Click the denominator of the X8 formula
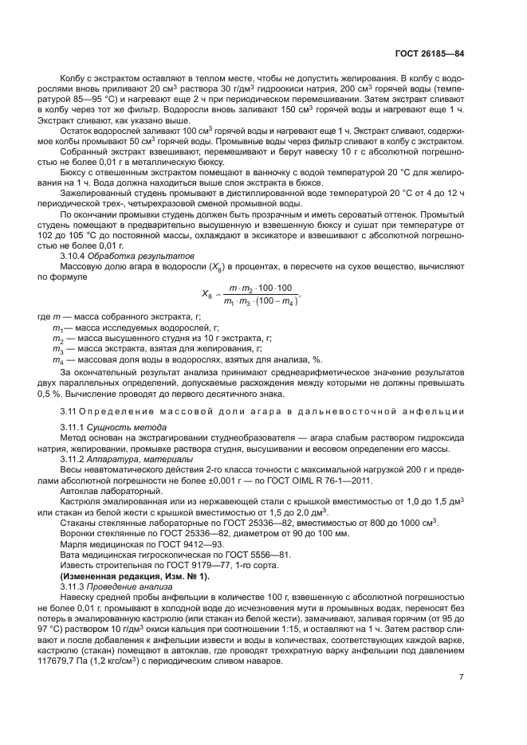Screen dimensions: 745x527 262,300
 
